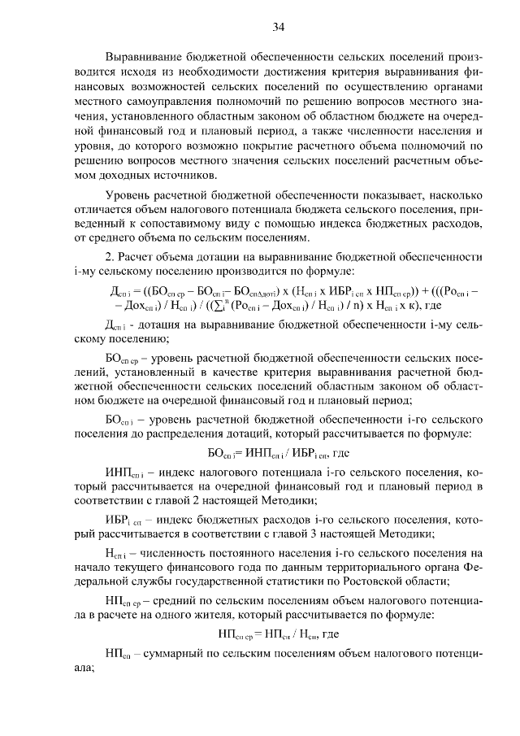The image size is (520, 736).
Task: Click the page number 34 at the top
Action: [x=278, y=28]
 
